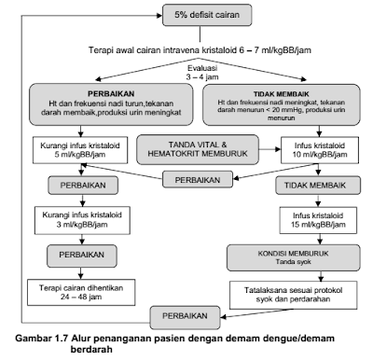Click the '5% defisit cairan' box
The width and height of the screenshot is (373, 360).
point(204,14)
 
